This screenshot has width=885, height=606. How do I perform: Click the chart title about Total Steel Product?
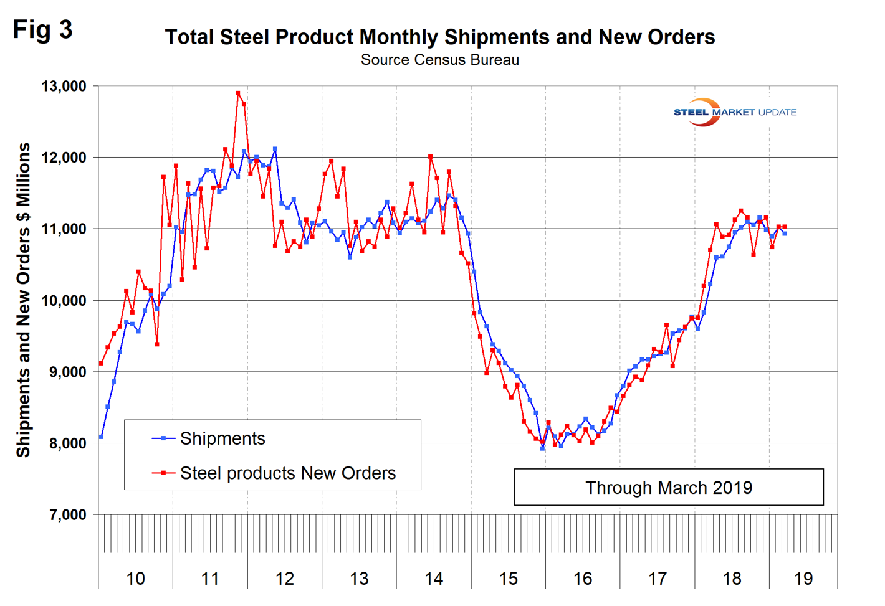(x=439, y=37)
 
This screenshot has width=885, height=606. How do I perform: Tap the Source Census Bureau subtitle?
(x=439, y=60)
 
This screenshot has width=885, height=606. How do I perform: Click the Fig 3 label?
(x=42, y=29)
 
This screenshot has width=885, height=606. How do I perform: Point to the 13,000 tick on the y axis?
(x=64, y=86)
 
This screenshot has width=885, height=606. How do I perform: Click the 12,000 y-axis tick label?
(x=64, y=158)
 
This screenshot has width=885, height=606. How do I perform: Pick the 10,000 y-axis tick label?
(x=64, y=301)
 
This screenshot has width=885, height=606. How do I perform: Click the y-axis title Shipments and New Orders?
(x=23, y=300)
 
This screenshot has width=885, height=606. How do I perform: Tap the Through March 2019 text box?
(x=668, y=487)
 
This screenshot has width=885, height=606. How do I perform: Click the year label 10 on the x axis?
(x=135, y=579)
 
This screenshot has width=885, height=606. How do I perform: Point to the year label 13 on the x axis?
(x=359, y=579)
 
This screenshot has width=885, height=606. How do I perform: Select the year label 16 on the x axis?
(x=583, y=579)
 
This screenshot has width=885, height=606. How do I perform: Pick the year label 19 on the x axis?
(x=803, y=579)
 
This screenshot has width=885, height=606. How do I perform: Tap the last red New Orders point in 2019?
(x=785, y=227)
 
